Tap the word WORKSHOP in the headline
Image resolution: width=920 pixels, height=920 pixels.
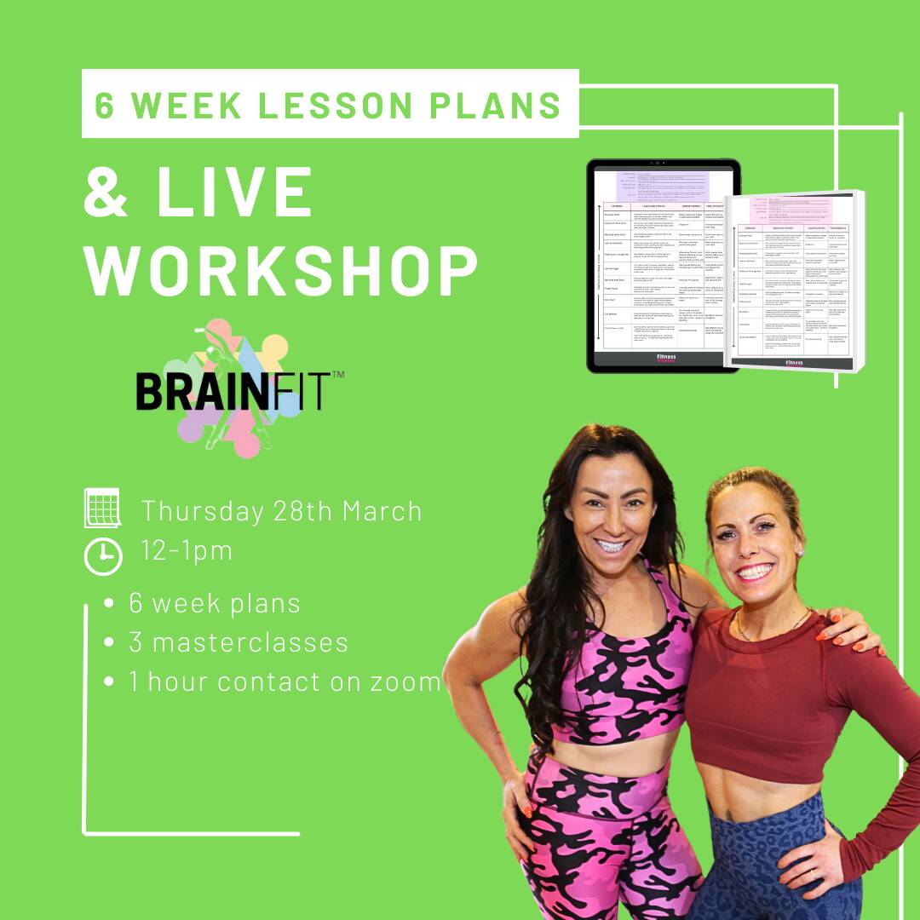[x=280, y=272]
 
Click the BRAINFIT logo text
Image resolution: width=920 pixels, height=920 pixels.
[x=231, y=391]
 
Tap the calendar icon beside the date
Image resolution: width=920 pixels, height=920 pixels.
[x=102, y=509]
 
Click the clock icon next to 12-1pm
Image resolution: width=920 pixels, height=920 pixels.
[x=102, y=555]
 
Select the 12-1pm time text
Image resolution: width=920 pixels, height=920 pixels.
[x=187, y=551]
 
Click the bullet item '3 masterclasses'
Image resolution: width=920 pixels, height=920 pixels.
[x=239, y=642]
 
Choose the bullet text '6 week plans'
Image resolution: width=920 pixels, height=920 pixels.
[x=215, y=603]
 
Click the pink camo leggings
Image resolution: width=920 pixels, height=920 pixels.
[x=596, y=843]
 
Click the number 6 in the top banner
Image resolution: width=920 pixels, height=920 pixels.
[x=105, y=105]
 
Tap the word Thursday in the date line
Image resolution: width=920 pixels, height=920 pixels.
[x=202, y=511]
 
